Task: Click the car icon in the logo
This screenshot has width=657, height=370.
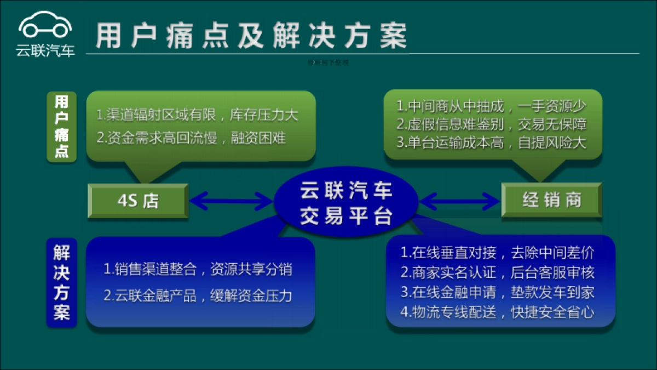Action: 45,25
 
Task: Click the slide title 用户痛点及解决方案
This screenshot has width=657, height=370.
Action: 251,36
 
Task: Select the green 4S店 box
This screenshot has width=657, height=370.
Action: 138,201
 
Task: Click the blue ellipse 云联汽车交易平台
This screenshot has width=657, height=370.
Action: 346,203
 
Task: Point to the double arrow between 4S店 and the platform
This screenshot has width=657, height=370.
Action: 231,201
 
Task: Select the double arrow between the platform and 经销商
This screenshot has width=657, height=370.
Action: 460,201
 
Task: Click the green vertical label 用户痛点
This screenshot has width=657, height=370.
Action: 61,127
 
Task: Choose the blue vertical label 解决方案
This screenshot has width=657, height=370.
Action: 61,282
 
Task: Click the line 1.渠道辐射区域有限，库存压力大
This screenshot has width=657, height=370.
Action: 197,116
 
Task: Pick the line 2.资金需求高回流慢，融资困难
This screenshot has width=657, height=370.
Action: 191,138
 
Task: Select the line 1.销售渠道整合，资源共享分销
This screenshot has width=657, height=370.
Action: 198,270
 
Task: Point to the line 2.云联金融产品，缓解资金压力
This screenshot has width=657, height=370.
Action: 198,296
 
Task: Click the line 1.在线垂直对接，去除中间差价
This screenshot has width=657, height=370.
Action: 497,253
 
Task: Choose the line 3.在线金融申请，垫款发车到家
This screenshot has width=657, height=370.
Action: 497,292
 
